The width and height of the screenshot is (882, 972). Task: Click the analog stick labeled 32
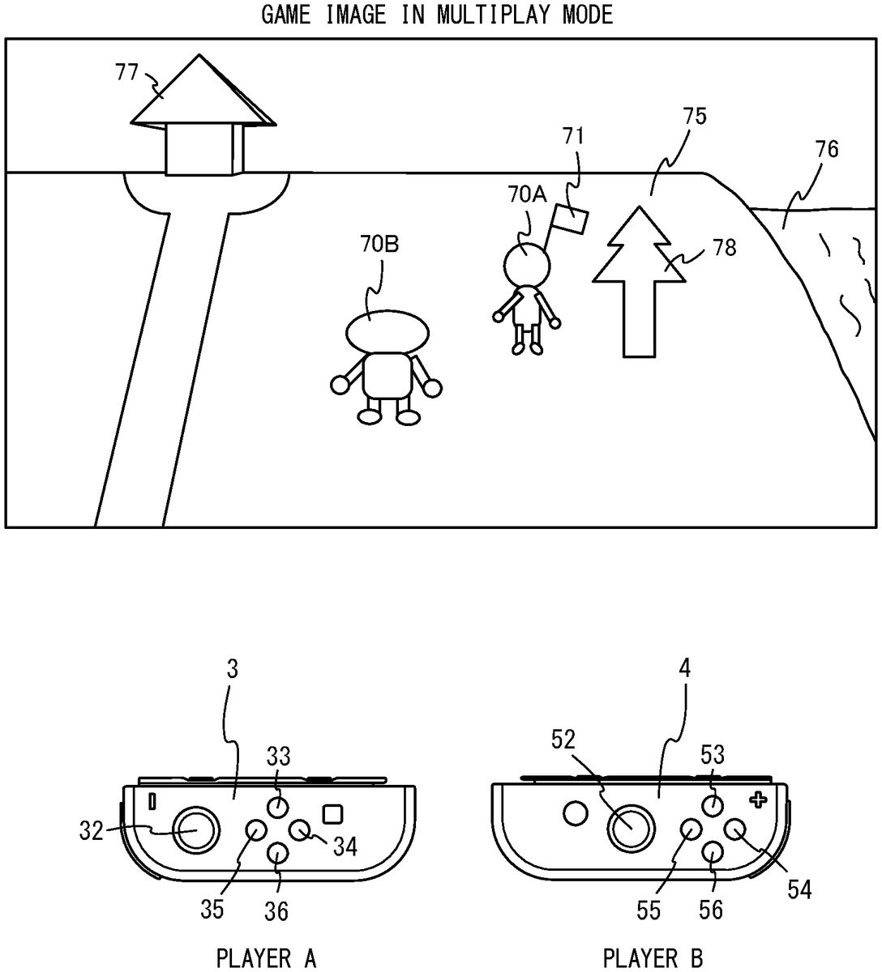pyautogui.click(x=195, y=830)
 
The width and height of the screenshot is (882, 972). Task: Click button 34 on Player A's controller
pyautogui.click(x=299, y=829)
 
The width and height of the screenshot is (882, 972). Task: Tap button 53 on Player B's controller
pyautogui.click(x=713, y=806)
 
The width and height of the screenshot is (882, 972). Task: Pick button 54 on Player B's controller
pyautogui.click(x=734, y=829)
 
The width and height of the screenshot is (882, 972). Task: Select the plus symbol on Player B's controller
pyautogui.click(x=759, y=800)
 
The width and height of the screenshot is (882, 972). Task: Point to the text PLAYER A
pyautogui.click(x=266, y=958)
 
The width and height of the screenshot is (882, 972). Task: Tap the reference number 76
pyautogui.click(x=826, y=150)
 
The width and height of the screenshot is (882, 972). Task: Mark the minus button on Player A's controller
pyautogui.click(x=152, y=801)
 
